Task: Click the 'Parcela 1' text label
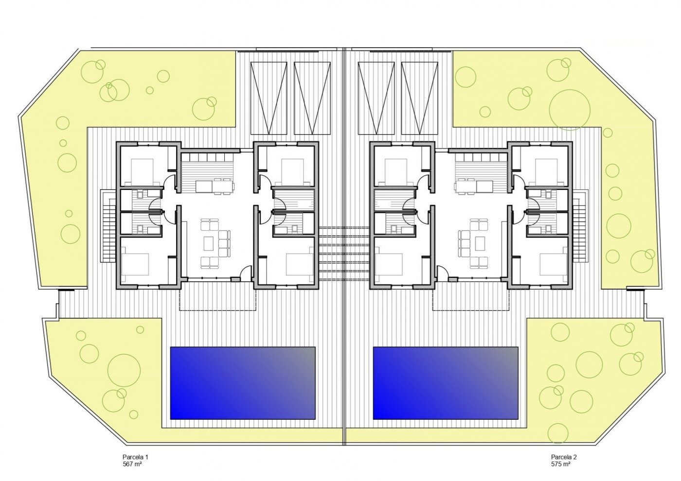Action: [135, 457]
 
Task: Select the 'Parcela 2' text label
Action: [564, 457]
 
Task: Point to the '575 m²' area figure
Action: [561, 464]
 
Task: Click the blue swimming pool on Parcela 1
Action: [242, 383]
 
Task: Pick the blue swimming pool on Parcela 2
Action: [445, 383]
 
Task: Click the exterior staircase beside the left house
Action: [108, 226]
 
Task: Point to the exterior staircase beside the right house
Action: [579, 226]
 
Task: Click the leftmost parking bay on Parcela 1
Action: [267, 97]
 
